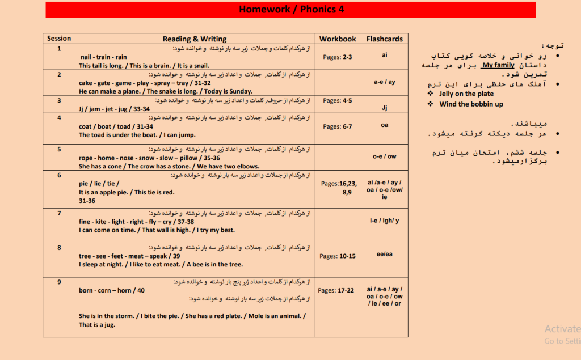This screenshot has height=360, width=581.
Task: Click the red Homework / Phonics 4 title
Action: (x=290, y=10)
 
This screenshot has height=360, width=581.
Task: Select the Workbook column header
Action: (x=338, y=39)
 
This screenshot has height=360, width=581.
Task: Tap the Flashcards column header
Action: (x=384, y=39)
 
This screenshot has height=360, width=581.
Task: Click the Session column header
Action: (x=59, y=39)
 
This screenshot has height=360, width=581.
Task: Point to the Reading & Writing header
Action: (x=194, y=39)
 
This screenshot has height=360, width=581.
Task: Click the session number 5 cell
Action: (x=59, y=149)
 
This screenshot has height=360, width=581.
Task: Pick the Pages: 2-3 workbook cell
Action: (x=338, y=57)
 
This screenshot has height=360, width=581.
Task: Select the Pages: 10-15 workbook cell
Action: (x=338, y=256)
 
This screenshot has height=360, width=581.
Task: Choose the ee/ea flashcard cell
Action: (x=384, y=254)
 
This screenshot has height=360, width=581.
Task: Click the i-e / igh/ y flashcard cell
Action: (x=384, y=221)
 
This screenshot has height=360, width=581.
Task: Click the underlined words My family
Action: (x=498, y=65)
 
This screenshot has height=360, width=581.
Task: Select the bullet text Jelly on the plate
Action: (x=466, y=94)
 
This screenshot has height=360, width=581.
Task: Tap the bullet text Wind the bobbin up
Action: (x=471, y=104)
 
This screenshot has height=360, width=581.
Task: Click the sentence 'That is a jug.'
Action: (x=96, y=325)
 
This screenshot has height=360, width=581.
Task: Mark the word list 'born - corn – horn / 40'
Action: (x=112, y=291)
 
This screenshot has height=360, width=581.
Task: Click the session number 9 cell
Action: (x=59, y=282)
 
